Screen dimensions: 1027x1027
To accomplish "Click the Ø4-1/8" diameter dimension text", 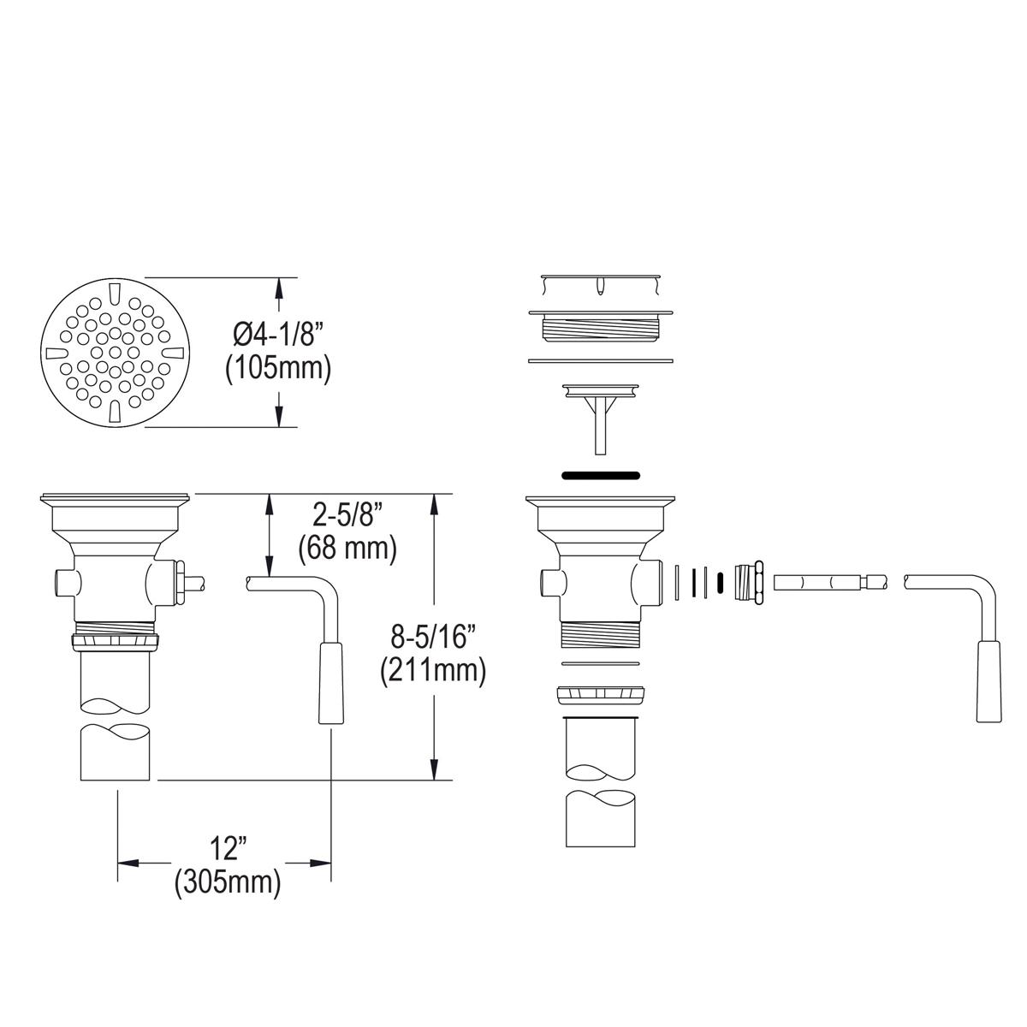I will (278, 332).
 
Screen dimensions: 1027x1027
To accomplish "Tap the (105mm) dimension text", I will (278, 369).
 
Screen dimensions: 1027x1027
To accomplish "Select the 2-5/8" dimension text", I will (347, 515).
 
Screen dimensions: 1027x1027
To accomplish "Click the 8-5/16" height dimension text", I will (433, 637).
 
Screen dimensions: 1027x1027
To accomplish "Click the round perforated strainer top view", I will (116, 353).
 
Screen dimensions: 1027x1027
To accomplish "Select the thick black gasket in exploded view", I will (600, 472).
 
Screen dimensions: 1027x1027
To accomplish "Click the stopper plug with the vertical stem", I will (600, 411).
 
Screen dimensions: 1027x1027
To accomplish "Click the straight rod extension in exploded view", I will (830, 583).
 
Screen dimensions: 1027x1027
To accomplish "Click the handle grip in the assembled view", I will (330, 685).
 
